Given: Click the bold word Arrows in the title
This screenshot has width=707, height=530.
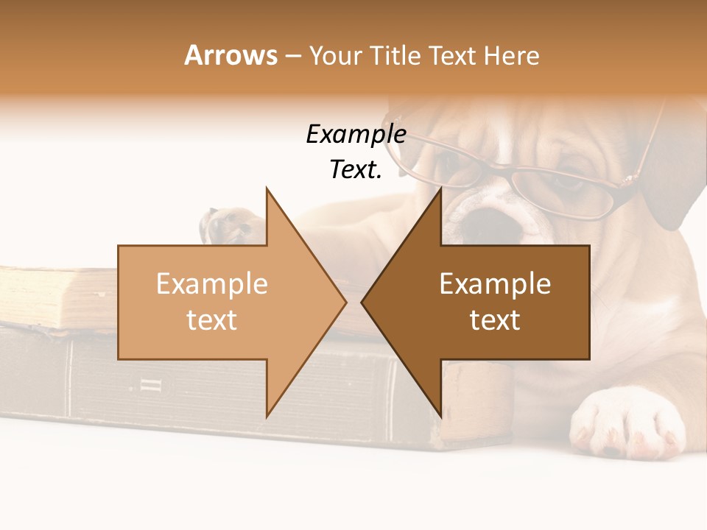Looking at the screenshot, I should pyautogui.click(x=231, y=55).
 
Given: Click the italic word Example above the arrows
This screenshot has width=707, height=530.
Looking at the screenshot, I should pyautogui.click(x=356, y=135).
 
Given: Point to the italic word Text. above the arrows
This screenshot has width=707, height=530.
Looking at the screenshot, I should pyautogui.click(x=356, y=169).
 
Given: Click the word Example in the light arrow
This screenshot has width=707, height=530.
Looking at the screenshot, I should pyautogui.click(x=212, y=283).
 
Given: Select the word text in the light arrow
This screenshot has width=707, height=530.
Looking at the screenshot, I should pyautogui.click(x=212, y=319).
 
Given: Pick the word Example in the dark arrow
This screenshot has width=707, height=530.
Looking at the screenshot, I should pyautogui.click(x=495, y=283).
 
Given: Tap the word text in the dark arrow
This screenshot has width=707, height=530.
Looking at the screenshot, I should pyautogui.click(x=495, y=319).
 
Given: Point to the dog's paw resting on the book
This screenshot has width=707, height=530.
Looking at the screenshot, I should pyautogui.click(x=228, y=225).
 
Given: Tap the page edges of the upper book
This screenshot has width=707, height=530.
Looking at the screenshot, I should pyautogui.click(x=52, y=298).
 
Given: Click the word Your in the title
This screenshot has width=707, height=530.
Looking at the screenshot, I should pyautogui.click(x=337, y=55).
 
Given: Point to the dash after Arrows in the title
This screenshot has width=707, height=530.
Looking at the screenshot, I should pyautogui.click(x=292, y=56).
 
